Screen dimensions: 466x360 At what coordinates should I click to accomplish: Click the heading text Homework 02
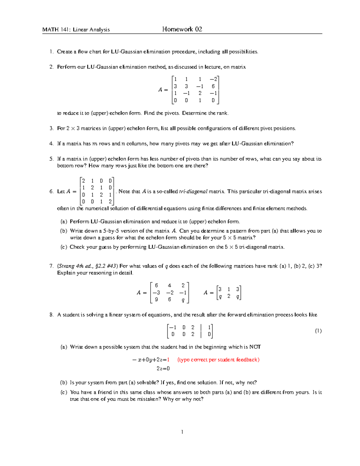[x=182, y=29]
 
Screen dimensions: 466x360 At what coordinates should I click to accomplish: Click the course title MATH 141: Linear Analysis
[x=76, y=29]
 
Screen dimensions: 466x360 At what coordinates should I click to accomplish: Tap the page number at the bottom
[x=182, y=432]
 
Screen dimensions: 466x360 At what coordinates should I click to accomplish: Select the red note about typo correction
[x=218, y=359]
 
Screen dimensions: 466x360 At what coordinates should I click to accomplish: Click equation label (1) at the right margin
[x=318, y=331]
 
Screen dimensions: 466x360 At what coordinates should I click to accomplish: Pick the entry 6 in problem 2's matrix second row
[x=213, y=86]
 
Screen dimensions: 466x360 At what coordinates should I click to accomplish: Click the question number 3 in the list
[x=51, y=128]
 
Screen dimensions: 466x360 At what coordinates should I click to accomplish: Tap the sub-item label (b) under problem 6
[x=64, y=231]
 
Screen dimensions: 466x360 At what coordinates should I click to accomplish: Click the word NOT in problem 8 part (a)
[x=255, y=347]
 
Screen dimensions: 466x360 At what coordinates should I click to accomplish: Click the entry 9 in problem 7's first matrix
[x=156, y=299]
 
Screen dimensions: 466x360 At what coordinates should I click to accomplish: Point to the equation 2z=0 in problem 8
[x=163, y=368]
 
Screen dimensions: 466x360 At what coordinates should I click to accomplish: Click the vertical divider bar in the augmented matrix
[x=201, y=331]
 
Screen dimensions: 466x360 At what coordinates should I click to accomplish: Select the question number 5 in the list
[x=51, y=159]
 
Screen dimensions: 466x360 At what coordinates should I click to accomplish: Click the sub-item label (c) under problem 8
[x=64, y=392]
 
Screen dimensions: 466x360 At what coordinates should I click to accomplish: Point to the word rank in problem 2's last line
[x=222, y=113]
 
